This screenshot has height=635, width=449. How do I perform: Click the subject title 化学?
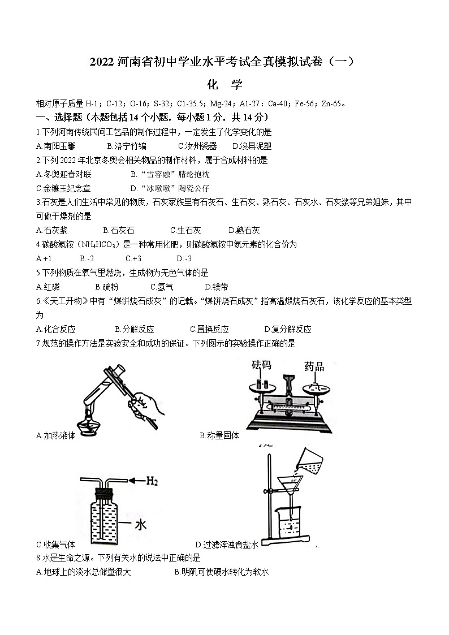[x=225, y=85]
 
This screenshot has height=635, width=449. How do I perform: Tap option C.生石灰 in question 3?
[x=185, y=230]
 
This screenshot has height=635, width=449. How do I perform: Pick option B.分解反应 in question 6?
[x=134, y=329]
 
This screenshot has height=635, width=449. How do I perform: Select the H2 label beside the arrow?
[x=152, y=481]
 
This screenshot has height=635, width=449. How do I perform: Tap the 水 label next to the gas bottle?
[x=140, y=524]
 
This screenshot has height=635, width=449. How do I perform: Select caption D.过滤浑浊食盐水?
[x=227, y=545]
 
